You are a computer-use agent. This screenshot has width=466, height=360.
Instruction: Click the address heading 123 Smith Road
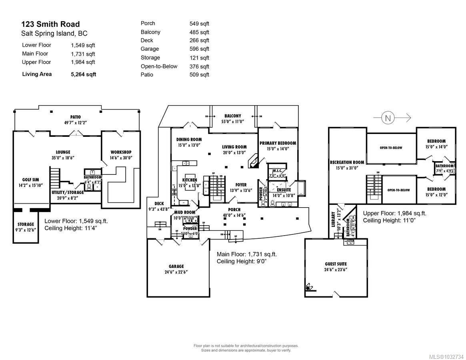tap(50, 24)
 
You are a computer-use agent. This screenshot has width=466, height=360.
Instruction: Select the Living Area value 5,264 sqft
tap(83, 74)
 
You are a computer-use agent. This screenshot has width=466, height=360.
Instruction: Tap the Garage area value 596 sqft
tap(199, 49)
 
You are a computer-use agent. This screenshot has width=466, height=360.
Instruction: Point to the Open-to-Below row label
tap(159, 66)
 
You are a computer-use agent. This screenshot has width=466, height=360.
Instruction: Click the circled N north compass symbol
tap(387, 118)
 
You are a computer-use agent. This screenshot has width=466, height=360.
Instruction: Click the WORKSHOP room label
tap(121, 152)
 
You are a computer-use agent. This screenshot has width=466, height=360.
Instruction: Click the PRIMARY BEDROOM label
tap(278, 143)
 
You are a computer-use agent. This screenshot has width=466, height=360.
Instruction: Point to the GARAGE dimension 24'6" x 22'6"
tap(176, 272)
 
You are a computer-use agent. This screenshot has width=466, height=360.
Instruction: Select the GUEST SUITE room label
tap(336, 264)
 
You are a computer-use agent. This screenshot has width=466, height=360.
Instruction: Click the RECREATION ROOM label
tap(347, 162)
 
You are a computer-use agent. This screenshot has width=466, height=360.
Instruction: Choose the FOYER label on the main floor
tap(240, 185)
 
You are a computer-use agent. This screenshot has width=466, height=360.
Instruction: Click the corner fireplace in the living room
tap(253, 161)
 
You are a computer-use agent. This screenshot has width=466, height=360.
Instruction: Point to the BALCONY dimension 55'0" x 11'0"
tap(233, 122)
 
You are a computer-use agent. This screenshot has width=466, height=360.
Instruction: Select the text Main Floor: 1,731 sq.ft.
tap(246, 254)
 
